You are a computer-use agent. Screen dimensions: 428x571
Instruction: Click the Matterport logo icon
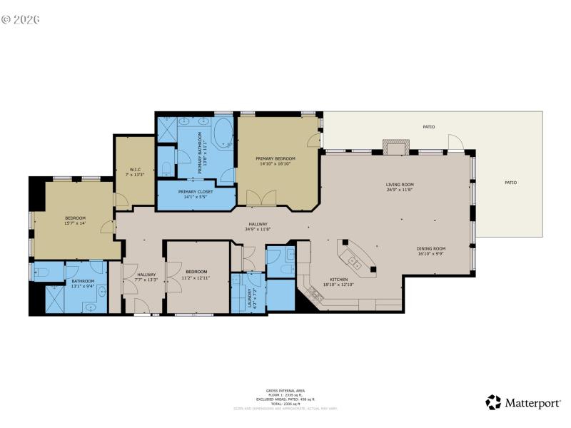click(x=493, y=402)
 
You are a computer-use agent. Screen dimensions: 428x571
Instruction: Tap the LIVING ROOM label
click(x=400, y=185)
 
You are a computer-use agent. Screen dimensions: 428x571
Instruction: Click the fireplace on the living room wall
click(x=396, y=147)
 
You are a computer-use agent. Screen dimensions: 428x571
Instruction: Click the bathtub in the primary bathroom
click(x=223, y=133)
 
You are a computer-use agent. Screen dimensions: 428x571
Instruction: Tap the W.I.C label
click(x=134, y=169)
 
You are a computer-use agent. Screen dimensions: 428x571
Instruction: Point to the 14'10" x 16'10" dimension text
click(x=276, y=163)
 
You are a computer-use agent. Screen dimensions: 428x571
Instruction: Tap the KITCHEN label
click(x=338, y=279)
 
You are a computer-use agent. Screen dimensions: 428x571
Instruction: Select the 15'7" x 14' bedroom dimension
click(x=76, y=223)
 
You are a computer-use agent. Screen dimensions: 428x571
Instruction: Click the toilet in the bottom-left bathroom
click(x=41, y=272)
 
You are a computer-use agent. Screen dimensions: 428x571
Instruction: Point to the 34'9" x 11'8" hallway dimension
click(x=259, y=229)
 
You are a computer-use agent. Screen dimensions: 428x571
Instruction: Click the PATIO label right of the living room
click(x=510, y=183)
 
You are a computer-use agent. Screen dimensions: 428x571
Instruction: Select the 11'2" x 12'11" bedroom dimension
click(x=197, y=277)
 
